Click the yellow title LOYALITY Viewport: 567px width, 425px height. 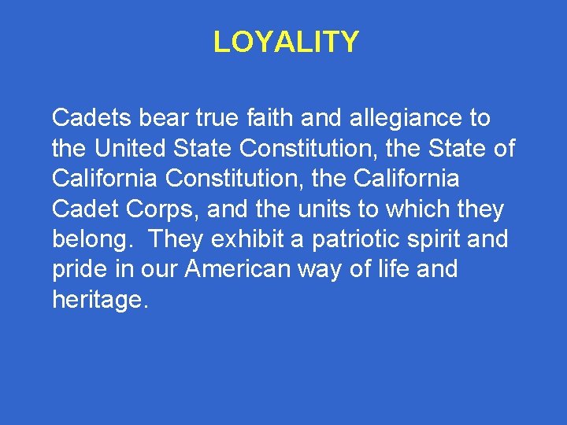coord(286,42)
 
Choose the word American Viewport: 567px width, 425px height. coord(238,268)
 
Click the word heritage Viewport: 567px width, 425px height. coord(99,299)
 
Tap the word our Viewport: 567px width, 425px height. coord(161,268)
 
